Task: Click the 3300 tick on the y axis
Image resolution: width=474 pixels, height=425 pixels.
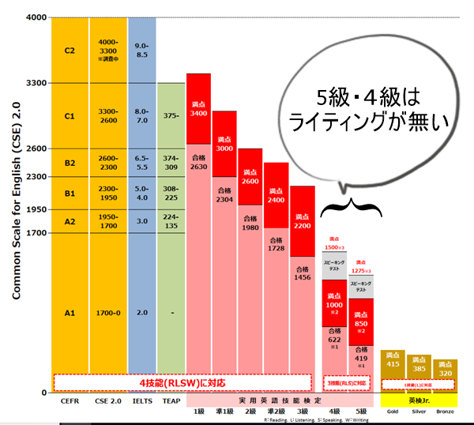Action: (36, 83)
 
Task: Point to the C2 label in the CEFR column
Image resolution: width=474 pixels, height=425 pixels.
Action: (70, 49)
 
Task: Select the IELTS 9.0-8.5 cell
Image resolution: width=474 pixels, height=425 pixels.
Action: (141, 49)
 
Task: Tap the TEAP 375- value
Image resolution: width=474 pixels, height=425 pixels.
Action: (171, 115)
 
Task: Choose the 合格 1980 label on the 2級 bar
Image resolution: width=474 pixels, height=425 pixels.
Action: (250, 223)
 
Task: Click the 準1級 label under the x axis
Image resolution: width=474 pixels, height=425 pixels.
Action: (224, 411)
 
